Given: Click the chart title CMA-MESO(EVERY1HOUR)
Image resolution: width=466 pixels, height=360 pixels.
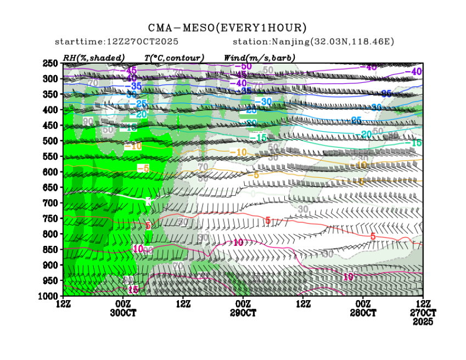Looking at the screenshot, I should [227, 28].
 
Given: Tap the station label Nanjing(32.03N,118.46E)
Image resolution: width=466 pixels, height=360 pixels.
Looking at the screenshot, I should [313, 42].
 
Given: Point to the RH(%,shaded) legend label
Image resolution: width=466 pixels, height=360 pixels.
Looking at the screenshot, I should [94, 58].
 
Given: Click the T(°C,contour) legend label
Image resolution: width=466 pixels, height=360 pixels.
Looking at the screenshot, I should [174, 58].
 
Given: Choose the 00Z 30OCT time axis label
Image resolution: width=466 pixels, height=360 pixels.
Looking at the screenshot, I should [123, 308].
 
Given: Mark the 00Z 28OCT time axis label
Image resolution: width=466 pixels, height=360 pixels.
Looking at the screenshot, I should [362, 308].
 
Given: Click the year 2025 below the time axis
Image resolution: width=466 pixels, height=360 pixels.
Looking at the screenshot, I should [423, 322].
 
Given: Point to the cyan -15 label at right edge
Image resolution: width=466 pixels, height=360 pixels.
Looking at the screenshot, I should [416, 143].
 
